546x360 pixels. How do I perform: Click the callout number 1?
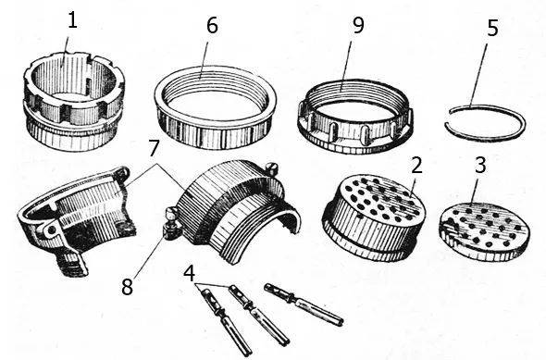[72, 20]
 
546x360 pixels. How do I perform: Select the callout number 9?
[358, 25]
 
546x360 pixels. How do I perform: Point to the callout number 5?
[492, 28]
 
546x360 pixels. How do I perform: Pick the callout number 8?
[127, 287]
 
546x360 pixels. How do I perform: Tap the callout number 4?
[189, 273]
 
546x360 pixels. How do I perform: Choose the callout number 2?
[416, 165]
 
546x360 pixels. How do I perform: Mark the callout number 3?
[480, 165]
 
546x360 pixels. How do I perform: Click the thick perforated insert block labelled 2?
[374, 217]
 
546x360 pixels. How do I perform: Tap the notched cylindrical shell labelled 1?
[74, 101]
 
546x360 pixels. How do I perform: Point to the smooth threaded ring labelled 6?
[216, 108]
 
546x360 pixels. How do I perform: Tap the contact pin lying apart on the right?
[304, 304]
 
